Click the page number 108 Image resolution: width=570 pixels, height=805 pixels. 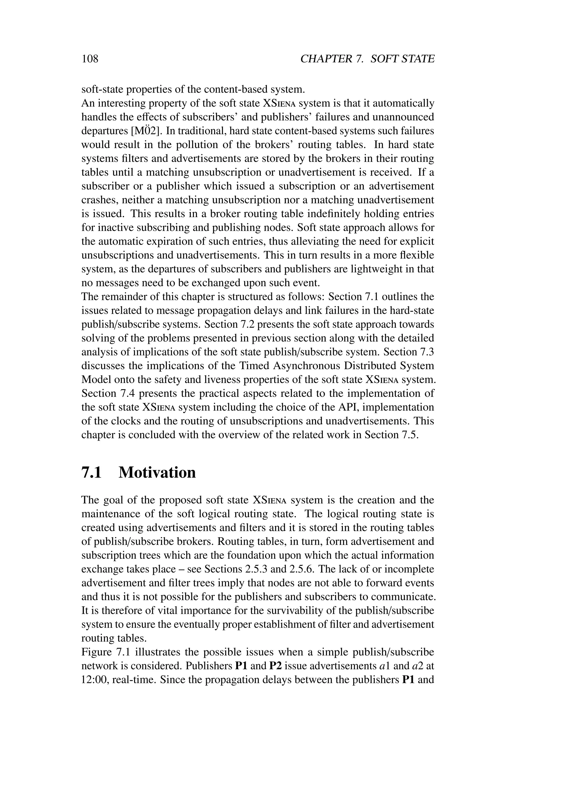pos(90,59)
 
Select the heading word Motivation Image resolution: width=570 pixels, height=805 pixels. pos(157,472)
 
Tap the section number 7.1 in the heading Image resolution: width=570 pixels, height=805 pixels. pos(91,472)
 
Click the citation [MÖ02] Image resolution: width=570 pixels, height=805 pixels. pos(146,131)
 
